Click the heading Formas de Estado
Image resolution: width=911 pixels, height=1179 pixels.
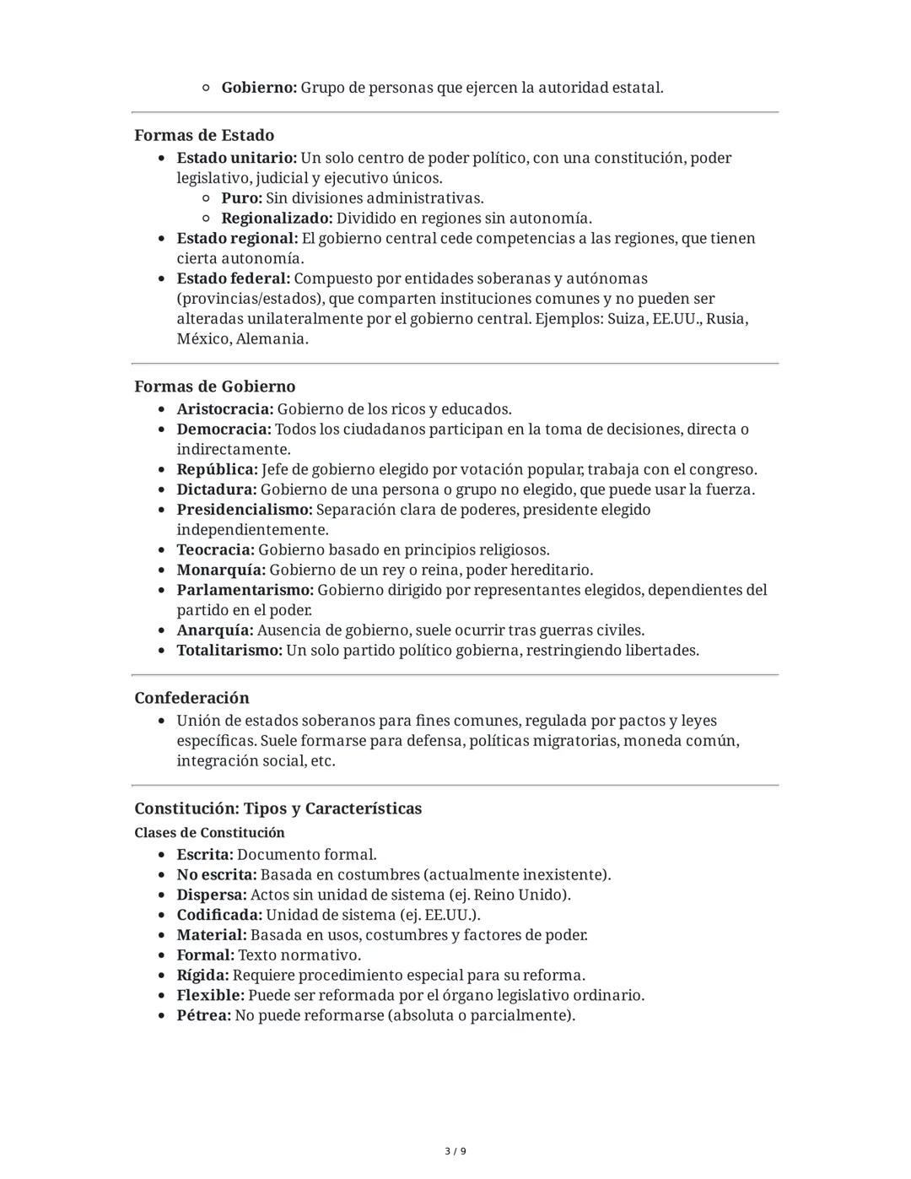coord(204,135)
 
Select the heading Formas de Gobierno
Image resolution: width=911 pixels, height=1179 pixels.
coord(214,387)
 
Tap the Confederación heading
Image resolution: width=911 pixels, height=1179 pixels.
coord(191,698)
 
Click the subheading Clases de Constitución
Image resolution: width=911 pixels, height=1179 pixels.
coord(209,833)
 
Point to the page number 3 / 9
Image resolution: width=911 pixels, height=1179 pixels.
coord(455,1151)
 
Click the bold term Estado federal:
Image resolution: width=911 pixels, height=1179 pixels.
coord(233,279)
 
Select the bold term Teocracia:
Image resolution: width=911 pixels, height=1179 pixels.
coord(215,550)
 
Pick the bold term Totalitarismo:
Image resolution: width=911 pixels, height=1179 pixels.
coord(229,651)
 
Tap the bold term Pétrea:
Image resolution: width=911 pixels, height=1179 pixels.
coord(203,1015)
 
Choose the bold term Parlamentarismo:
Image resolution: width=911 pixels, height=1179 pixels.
coord(245,590)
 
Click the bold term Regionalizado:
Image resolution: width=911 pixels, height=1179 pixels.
coord(277,219)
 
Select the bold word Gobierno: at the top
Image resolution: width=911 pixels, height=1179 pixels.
coord(259,88)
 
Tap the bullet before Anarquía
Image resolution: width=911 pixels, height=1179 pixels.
coord(162,631)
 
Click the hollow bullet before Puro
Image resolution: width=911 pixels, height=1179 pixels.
coord(206,199)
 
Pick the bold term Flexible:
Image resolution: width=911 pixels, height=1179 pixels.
coord(210,995)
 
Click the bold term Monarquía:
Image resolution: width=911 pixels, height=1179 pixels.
coord(221,571)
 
